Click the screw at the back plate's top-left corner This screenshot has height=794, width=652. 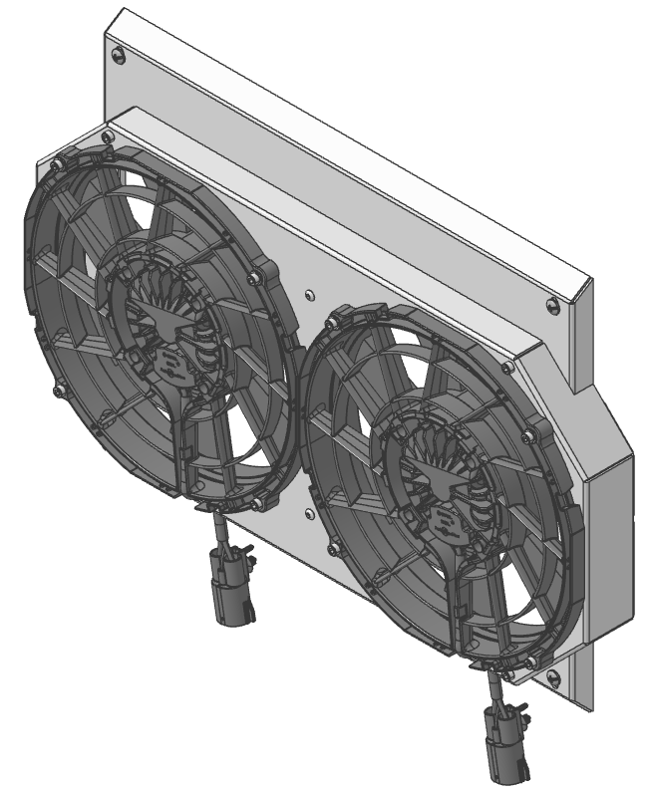[121, 57]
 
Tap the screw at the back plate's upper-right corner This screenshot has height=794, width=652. [554, 303]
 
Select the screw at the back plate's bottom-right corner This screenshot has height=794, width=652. [553, 679]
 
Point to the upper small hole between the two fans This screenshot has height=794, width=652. [311, 295]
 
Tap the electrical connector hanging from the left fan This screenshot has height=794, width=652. [228, 589]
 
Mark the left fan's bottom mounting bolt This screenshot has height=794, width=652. [259, 501]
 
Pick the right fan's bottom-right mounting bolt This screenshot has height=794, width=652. [532, 660]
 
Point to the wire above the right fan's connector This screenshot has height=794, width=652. [495, 687]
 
